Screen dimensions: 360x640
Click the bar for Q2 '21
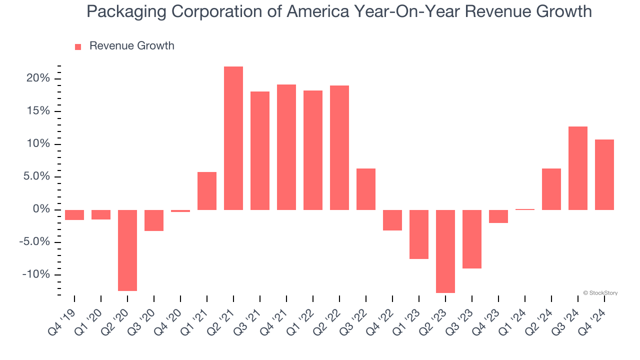pyautogui.click(x=233, y=138)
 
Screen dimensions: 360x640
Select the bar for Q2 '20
pyautogui.click(x=127, y=250)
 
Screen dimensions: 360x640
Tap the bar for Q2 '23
pyautogui.click(x=445, y=251)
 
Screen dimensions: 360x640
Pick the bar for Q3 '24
pyautogui.click(x=578, y=168)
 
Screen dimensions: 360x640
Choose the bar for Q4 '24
pyautogui.click(x=604, y=174)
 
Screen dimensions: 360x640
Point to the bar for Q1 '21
pyautogui.click(x=207, y=190)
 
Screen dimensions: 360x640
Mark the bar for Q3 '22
pyautogui.click(x=366, y=189)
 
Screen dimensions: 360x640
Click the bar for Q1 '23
pyautogui.click(x=419, y=234)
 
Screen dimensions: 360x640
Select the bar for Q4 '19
pyautogui.click(x=74, y=215)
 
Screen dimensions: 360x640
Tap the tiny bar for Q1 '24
pyautogui.click(x=525, y=209)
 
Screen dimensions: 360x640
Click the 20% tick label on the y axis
pyautogui.click(x=38, y=78)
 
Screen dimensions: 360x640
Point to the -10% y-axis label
pyautogui.click(x=36, y=274)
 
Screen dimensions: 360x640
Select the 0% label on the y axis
pyautogui.click(x=41, y=209)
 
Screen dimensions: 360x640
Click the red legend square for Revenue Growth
pyautogui.click(x=78, y=46)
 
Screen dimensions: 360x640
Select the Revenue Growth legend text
pyautogui.click(x=131, y=46)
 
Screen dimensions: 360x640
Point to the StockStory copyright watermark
pyautogui.click(x=600, y=293)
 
